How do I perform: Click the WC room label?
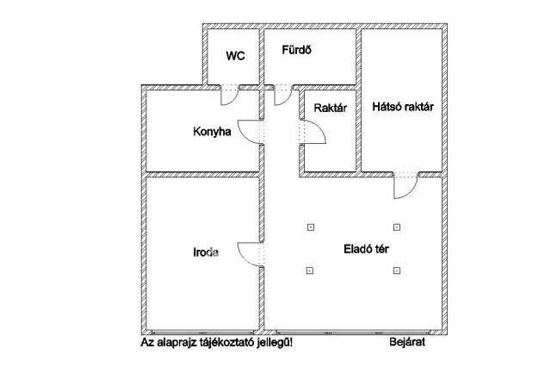tap(236, 56)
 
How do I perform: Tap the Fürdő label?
tap(295, 50)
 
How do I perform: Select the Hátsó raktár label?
tap(402, 107)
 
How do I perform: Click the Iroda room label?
tap(205, 253)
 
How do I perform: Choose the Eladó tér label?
tap(355, 249)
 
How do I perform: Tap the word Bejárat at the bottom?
tap(406, 342)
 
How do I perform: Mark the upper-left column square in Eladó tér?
tap(310, 227)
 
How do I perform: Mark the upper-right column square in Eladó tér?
tap(396, 227)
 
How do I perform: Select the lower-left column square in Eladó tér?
tap(310, 271)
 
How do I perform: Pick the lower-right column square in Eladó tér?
tap(396, 271)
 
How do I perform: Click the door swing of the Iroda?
tap(250, 254)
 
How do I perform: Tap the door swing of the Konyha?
tap(251, 132)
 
